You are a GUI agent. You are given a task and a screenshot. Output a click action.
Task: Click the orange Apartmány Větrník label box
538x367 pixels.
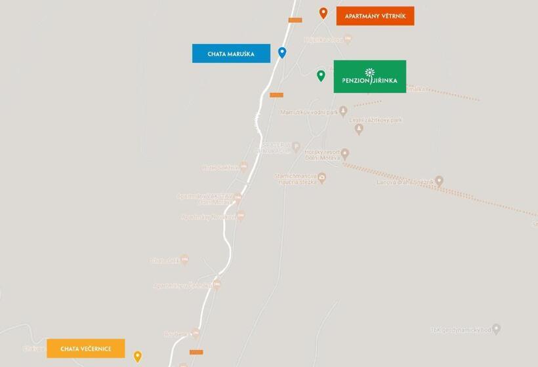click(x=375, y=16)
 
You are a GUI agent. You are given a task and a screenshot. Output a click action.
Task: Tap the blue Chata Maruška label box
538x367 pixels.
click(x=231, y=54)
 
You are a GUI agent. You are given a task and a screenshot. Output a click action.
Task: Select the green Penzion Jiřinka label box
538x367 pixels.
click(x=369, y=77)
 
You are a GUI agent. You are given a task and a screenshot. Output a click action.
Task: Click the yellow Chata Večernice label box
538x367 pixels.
click(x=86, y=349)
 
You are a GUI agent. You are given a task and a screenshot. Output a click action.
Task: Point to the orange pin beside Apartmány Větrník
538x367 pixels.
click(x=323, y=12)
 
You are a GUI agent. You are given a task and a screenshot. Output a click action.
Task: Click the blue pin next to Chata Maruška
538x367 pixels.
click(x=282, y=52)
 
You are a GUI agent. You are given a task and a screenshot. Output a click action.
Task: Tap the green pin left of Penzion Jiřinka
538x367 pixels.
click(x=321, y=75)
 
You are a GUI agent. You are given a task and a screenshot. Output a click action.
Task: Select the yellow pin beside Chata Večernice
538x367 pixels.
click(x=138, y=357)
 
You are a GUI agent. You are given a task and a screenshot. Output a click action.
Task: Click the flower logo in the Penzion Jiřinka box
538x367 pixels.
click(x=370, y=73)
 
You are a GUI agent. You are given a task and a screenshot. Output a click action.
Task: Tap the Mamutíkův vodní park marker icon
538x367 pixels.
click(x=342, y=112)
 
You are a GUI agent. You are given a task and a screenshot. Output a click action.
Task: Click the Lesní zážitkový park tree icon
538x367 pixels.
click(x=359, y=129)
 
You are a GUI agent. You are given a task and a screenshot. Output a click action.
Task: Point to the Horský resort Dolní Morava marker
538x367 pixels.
click(x=344, y=154)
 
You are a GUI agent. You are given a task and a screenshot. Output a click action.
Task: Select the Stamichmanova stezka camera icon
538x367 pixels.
click(x=321, y=178)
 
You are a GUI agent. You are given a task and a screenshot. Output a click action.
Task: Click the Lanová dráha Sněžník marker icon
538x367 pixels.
click(x=439, y=181)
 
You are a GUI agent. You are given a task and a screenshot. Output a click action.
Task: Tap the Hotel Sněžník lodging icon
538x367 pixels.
click(x=243, y=167)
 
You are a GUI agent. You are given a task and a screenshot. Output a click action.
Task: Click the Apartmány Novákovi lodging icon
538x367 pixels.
click(x=240, y=215)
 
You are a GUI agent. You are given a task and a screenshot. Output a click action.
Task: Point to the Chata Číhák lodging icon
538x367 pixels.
click(x=184, y=260)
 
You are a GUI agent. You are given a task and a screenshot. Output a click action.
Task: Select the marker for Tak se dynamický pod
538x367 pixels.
click(x=496, y=329)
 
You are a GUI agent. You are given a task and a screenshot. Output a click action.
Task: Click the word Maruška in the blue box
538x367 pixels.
click(x=241, y=54)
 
